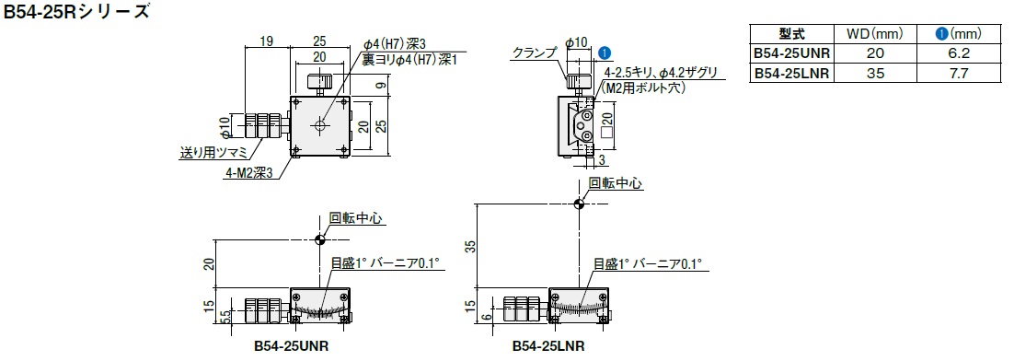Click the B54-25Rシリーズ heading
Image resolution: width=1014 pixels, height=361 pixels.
tap(75, 12)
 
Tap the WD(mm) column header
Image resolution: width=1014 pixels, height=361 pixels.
tap(875, 34)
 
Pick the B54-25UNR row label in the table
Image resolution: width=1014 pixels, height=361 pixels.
tap(791, 53)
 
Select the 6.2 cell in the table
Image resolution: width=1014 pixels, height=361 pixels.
tap(960, 53)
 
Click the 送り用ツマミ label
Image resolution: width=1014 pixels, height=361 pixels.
tap(213, 154)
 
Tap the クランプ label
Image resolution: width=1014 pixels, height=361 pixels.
tap(533, 53)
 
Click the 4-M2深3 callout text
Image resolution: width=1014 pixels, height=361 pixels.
tap(250, 173)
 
